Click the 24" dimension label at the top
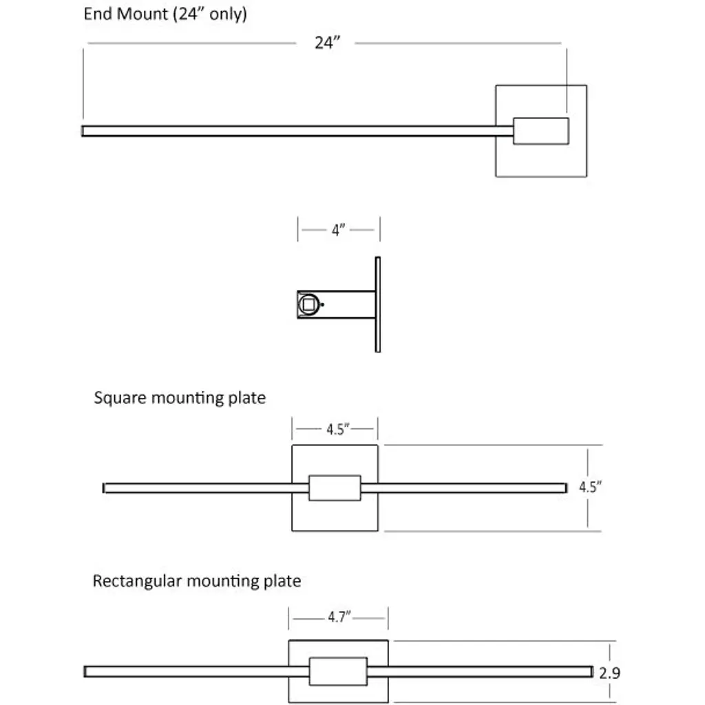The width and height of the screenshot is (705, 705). pyautogui.click(x=328, y=43)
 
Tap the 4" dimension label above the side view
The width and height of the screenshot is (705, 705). pyautogui.click(x=337, y=231)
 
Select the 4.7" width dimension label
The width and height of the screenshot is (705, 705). pyautogui.click(x=339, y=618)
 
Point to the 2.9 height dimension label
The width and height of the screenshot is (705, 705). pyautogui.click(x=609, y=673)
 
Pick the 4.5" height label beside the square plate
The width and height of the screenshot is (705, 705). pyautogui.click(x=590, y=487)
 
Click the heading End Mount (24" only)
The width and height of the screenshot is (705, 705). pyautogui.click(x=165, y=14)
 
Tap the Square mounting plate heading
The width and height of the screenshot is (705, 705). pyautogui.click(x=180, y=398)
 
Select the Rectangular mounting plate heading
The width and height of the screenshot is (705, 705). pyautogui.click(x=197, y=581)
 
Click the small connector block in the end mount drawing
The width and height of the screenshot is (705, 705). pyautogui.click(x=541, y=131)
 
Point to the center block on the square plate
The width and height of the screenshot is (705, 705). pyautogui.click(x=335, y=487)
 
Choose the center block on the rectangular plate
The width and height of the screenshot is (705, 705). pyautogui.click(x=337, y=671)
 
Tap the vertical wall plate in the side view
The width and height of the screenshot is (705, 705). pyautogui.click(x=377, y=304)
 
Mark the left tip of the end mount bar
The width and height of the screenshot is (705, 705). pyautogui.click(x=84, y=131)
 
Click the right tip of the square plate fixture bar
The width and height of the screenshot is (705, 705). pyautogui.click(x=564, y=487)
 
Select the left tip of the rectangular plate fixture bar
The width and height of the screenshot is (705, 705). pyautogui.click(x=86, y=671)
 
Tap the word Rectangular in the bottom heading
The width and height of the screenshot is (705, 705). pyautogui.click(x=137, y=581)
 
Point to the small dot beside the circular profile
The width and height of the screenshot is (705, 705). pyautogui.click(x=324, y=304)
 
